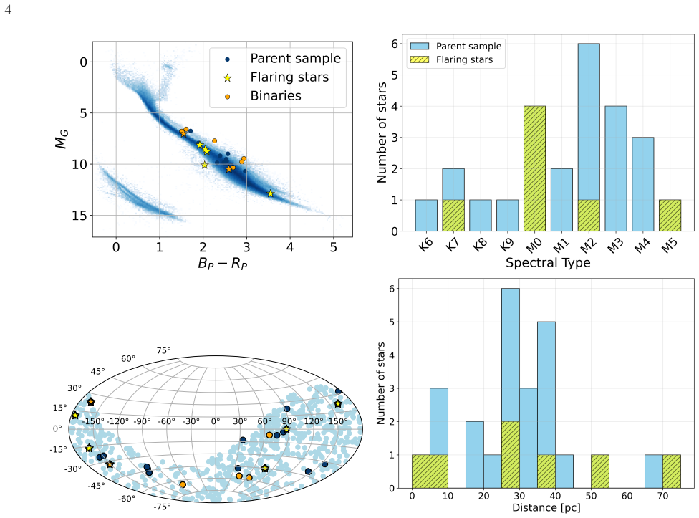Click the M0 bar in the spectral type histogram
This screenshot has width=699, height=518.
[x=534, y=168]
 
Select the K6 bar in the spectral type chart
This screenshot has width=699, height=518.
[x=425, y=216]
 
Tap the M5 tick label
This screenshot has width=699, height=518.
[x=670, y=245]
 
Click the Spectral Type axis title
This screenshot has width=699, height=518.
[x=548, y=262]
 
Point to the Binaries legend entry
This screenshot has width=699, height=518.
[x=276, y=96]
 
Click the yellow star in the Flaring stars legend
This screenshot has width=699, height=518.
[x=227, y=78]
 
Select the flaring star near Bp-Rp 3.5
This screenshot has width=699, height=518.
[x=270, y=193]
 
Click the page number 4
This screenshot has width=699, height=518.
[x=8, y=10]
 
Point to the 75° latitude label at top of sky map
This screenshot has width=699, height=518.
[x=163, y=351]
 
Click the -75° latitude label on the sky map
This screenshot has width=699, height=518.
[x=162, y=507]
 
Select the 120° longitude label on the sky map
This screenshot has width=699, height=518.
[x=314, y=421]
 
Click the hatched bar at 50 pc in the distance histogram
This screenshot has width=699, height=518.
[x=600, y=471]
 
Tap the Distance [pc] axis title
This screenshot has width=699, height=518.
[x=546, y=508]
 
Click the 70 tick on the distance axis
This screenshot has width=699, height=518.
[x=662, y=496]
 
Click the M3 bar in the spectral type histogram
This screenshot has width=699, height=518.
[x=616, y=168]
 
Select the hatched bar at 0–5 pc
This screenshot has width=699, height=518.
[x=421, y=471]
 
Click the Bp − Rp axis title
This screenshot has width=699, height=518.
[x=223, y=263]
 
